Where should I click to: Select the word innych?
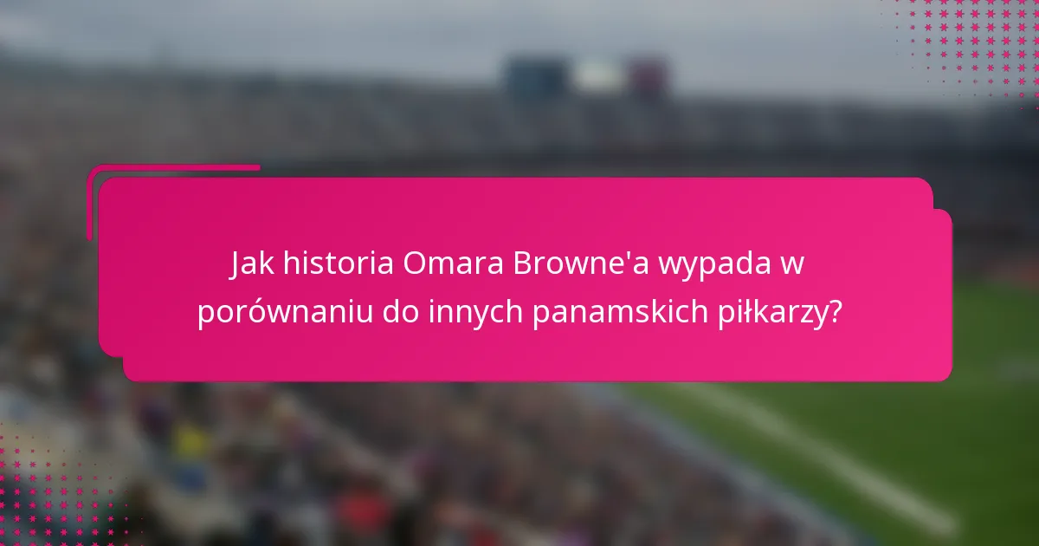click(x=475, y=313)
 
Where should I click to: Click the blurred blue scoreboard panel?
click(x=532, y=76)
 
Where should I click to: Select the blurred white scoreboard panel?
click(x=597, y=77)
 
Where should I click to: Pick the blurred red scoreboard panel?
click(x=648, y=76)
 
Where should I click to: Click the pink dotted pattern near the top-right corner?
click(x=970, y=43)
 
